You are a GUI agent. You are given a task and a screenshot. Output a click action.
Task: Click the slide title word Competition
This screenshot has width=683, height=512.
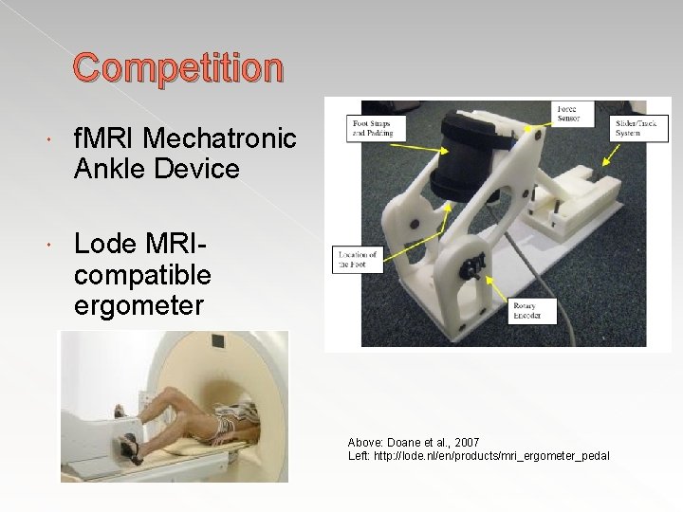click(178, 68)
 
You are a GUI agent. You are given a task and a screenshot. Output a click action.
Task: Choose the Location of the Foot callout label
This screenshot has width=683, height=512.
click(357, 259)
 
